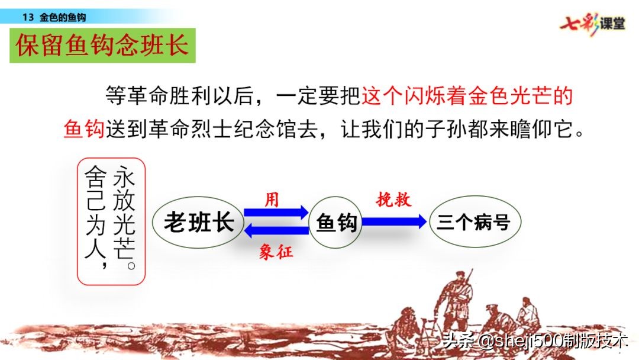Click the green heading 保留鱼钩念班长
102,45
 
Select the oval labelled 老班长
199,223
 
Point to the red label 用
272,200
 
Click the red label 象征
276,252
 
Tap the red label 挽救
393,200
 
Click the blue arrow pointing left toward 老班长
276,231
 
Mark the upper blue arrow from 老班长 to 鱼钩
276,212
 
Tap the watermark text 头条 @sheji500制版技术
532,342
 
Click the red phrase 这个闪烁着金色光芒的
467,95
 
